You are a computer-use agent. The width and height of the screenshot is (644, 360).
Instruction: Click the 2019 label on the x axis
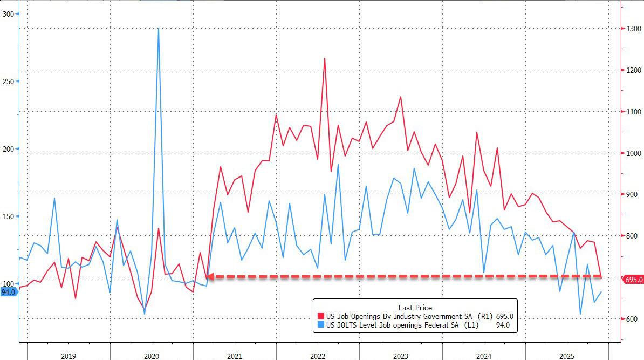pyautogui.click(x=68, y=356)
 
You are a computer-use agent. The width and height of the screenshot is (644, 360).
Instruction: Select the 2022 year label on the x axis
pyautogui.click(x=317, y=356)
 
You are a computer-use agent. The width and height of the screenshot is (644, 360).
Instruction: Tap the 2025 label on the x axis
pyautogui.click(x=567, y=356)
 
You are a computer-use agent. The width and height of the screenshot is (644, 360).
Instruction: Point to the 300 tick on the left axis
pyautogui.click(x=8, y=14)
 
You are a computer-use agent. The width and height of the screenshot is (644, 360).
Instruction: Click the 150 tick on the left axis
pyautogui.click(x=8, y=216)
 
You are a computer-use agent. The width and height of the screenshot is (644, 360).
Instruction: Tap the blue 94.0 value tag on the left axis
pyautogui.click(x=9, y=292)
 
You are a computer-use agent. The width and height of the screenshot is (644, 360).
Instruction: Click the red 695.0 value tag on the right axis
pyautogui.click(x=633, y=280)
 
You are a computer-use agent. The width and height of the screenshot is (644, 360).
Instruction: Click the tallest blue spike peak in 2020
pyautogui.click(x=158, y=29)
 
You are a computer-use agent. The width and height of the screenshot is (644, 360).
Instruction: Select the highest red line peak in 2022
pyautogui.click(x=325, y=58)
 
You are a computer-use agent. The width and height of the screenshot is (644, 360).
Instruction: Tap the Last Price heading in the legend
pyautogui.click(x=415, y=308)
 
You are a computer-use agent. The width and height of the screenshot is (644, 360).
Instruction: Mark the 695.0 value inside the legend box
pyautogui.click(x=504, y=316)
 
